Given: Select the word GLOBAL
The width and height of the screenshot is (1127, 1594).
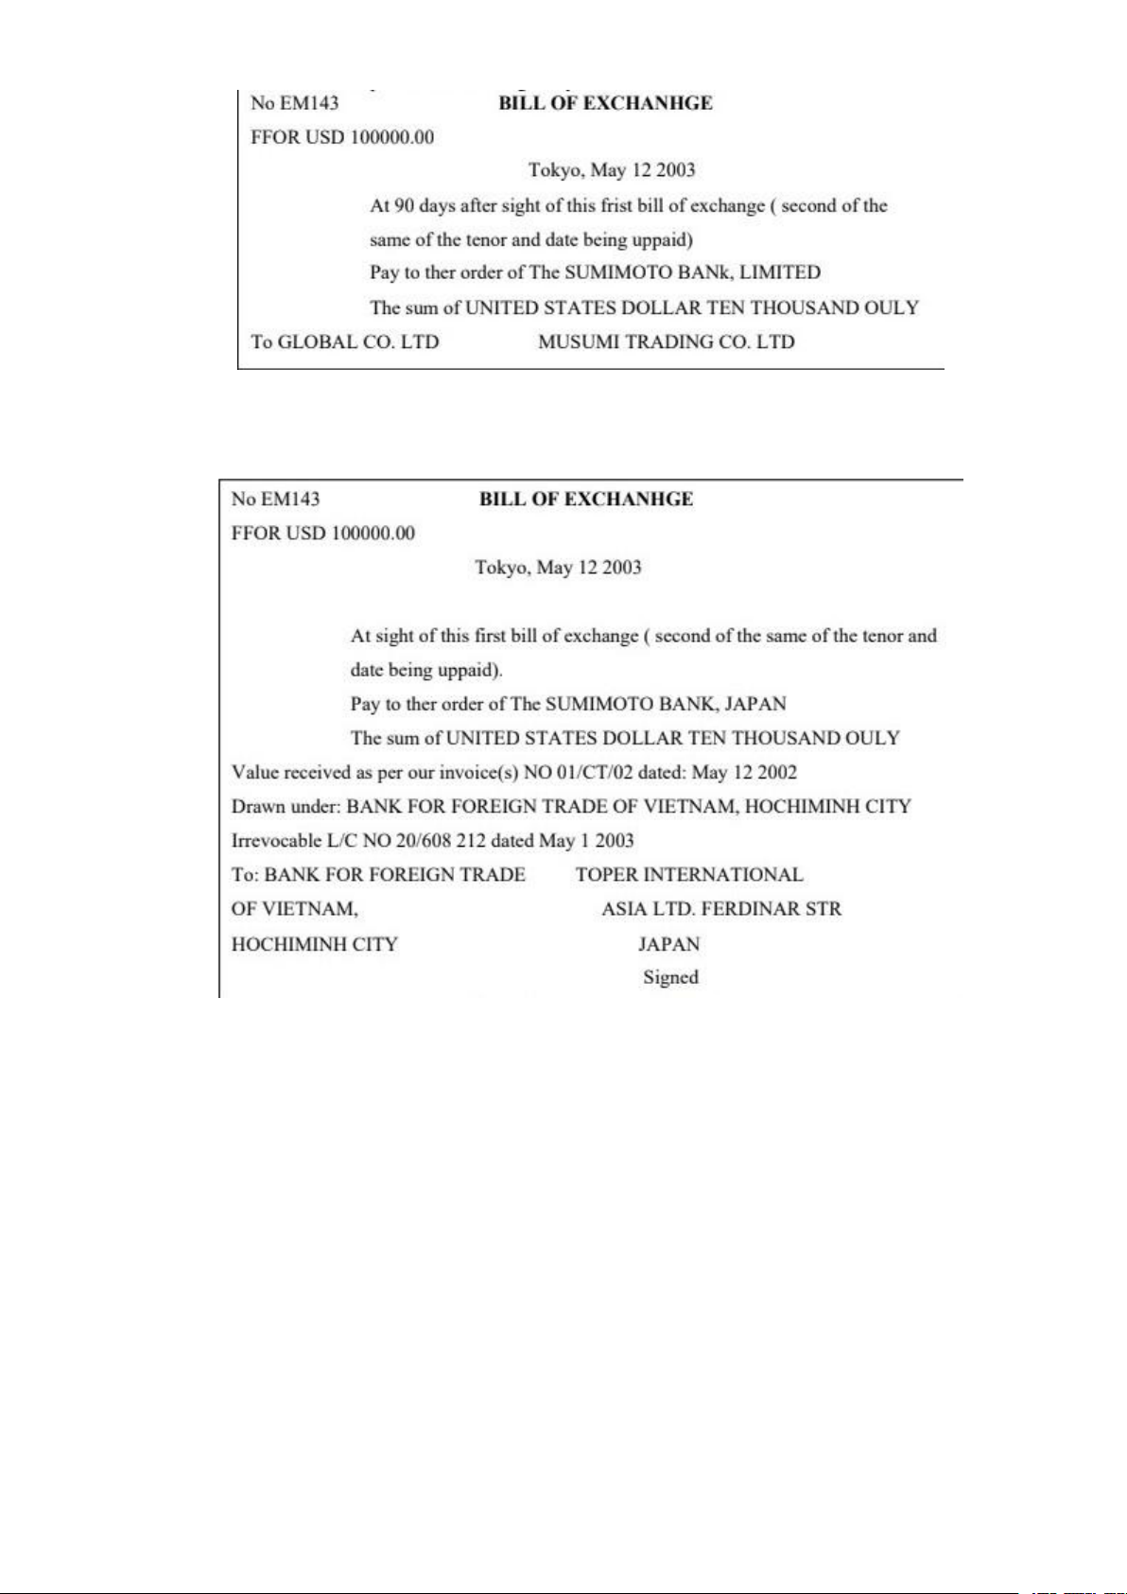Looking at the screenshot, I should (317, 342).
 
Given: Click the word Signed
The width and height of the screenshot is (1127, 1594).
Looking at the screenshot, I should (670, 978).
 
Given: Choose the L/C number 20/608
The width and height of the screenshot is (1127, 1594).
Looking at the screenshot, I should (424, 841).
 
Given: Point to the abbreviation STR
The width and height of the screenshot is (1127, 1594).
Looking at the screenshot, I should (823, 909).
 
